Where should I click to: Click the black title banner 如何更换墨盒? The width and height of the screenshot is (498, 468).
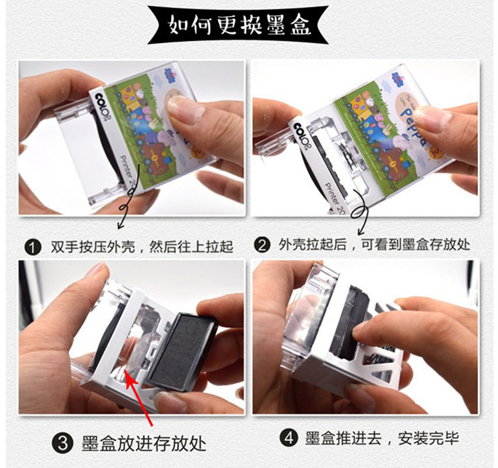[238, 24]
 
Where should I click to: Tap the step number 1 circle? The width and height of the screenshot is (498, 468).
[33, 247]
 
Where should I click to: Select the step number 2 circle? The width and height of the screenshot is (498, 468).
[262, 245]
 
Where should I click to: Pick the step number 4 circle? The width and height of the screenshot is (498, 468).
[289, 438]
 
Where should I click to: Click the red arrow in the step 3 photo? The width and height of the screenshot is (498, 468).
[139, 398]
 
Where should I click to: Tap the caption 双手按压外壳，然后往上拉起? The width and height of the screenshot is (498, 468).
[142, 247]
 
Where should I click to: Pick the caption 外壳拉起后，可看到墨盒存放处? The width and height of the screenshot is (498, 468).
[374, 245]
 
